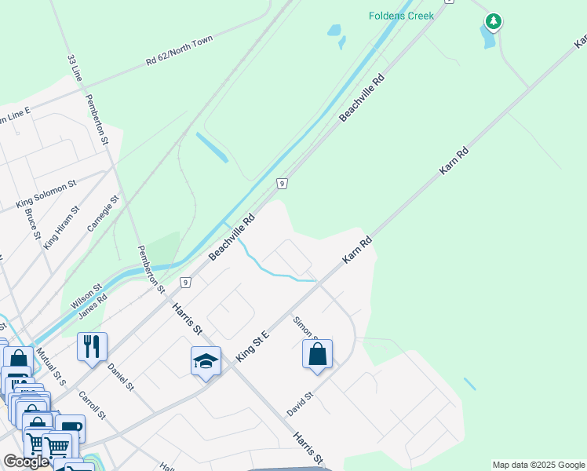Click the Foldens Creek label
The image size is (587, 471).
pos(401,16)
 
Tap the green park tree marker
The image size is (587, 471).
pos(493,22)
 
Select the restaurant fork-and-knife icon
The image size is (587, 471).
pos(92,346)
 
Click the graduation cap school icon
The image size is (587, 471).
pos(205,361)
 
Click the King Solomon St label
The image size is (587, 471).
pos(46,194)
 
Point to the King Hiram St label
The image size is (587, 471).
pos(62,227)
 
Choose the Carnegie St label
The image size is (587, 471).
pos(103,213)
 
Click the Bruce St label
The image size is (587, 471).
pos(32,223)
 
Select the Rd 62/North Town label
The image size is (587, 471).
pos(179,51)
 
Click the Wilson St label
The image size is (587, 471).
pos(86,296)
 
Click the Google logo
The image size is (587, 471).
pos(27,462)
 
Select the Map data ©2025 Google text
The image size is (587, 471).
pos(538,465)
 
